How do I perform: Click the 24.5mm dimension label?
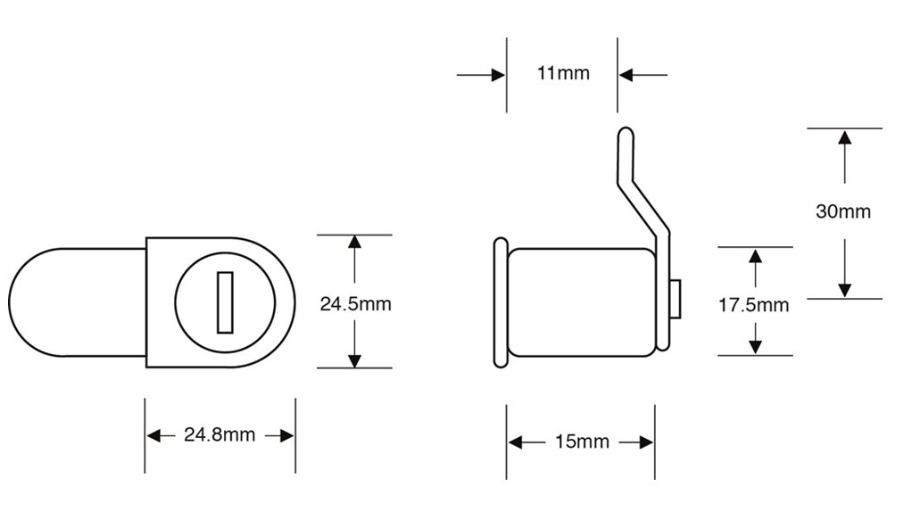point(355,304)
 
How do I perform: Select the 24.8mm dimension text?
point(220,434)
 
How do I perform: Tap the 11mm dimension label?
point(563,73)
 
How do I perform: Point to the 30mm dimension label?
point(843,211)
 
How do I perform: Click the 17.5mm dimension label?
point(754,305)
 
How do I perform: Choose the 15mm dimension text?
point(582,442)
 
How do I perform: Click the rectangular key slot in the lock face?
point(225,302)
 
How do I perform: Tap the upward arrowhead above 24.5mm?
point(354,242)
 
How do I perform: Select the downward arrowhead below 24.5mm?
point(354,360)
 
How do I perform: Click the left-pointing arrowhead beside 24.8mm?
point(153,436)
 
